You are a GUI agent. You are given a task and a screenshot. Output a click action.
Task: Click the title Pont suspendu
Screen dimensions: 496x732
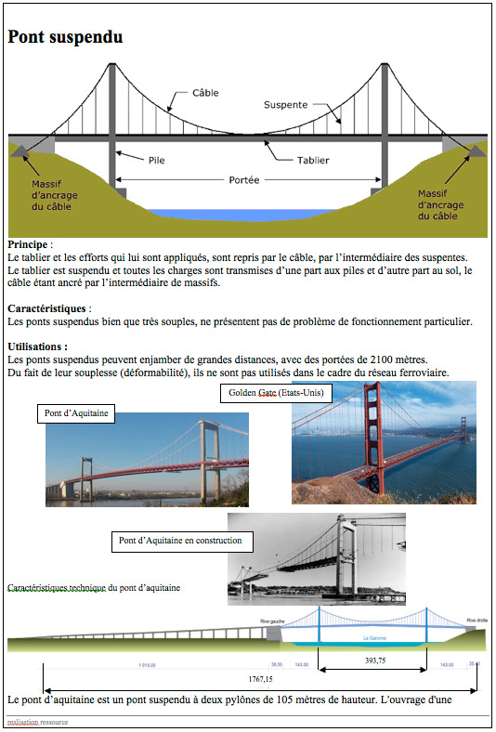point(65,37)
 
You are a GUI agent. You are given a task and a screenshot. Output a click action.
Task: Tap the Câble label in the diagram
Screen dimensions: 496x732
point(205,94)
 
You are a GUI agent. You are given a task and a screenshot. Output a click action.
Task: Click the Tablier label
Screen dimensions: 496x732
point(312,160)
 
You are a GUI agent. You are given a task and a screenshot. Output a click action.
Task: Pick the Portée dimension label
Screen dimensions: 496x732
point(244,179)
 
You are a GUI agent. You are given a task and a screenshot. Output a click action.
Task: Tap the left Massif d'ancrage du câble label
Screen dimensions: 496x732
point(48,195)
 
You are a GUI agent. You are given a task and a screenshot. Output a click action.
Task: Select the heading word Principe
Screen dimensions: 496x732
point(29,243)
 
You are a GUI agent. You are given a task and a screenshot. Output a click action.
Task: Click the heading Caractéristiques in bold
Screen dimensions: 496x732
point(46,307)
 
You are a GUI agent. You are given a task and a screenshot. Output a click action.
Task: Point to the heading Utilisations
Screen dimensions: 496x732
point(36,346)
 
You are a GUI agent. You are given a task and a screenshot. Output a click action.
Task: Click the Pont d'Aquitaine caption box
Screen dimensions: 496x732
point(75,413)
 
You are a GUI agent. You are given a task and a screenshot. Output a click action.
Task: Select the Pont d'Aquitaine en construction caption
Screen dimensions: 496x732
point(180,541)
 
